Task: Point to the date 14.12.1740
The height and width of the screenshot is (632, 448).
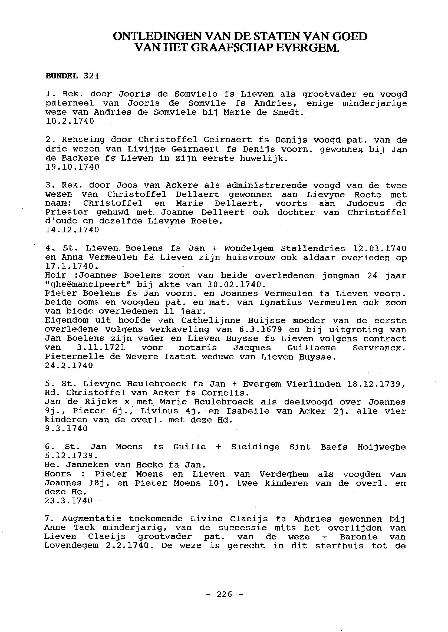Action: [x=72, y=230]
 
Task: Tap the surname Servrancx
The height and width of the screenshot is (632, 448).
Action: [x=379, y=348]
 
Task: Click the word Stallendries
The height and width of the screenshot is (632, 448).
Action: [x=313, y=249]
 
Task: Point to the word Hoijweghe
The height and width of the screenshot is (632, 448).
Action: [x=381, y=447]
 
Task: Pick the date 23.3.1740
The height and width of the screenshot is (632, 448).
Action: [x=69, y=501]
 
